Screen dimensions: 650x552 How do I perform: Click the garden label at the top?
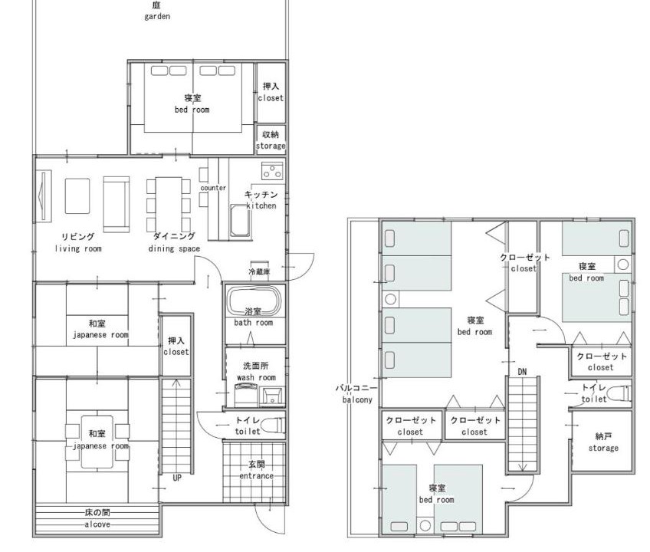coord(157,11)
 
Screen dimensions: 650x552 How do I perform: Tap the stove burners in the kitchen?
coord(272,171)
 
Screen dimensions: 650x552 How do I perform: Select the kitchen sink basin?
coord(241,220)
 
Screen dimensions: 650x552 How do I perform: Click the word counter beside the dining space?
coord(213,188)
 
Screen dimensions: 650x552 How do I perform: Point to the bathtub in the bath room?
coord(254,301)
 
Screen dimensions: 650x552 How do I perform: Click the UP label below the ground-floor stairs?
coord(177,478)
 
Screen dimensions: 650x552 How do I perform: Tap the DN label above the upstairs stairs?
coord(522,372)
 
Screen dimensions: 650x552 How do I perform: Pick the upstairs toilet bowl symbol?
coord(621,393)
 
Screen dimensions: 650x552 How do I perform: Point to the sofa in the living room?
coord(116,204)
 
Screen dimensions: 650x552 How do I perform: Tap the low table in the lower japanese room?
coord(97,442)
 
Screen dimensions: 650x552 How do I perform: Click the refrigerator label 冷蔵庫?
coord(260,271)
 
